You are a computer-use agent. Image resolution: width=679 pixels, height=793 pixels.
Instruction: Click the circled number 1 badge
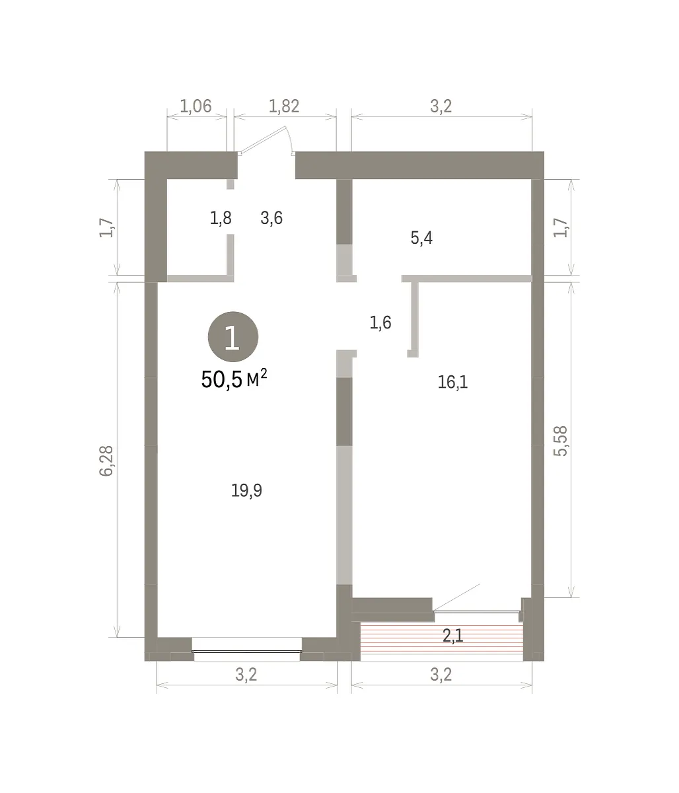click(x=232, y=336)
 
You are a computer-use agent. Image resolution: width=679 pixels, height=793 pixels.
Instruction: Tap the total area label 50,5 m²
click(x=234, y=379)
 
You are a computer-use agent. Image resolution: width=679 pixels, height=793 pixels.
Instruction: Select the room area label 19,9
click(x=246, y=490)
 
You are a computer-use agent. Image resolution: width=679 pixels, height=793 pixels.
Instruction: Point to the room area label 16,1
click(x=453, y=382)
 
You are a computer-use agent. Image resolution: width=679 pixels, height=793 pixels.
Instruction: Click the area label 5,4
click(x=421, y=238)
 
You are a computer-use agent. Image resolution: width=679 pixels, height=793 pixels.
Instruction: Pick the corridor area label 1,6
click(x=380, y=322)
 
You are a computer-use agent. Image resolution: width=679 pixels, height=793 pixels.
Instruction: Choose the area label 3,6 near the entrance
click(x=271, y=218)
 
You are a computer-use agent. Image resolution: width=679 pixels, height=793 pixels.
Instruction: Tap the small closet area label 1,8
click(x=221, y=218)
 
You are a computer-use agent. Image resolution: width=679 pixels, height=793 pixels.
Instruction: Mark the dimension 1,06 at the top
click(x=196, y=106)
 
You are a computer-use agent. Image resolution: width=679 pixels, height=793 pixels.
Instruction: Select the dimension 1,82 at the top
click(x=284, y=106)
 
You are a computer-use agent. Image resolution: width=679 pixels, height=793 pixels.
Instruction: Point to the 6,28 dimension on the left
click(x=106, y=461)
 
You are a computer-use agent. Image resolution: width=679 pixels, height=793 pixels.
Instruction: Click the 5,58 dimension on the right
click(x=560, y=441)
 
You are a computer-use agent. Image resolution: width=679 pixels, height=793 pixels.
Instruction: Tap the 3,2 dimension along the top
click(x=441, y=106)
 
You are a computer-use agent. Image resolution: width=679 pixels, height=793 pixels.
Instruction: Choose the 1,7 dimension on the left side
click(x=106, y=227)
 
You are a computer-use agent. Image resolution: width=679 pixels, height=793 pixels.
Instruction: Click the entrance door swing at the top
click(x=266, y=140)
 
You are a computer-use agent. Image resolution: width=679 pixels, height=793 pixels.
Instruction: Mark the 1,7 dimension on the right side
click(x=560, y=227)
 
